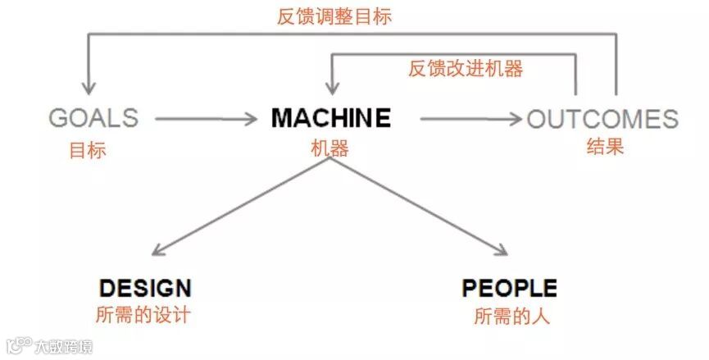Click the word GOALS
(x=93, y=119)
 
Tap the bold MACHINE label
(x=330, y=118)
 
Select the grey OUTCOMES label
(x=602, y=120)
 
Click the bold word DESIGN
(x=145, y=288)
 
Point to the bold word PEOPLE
(x=509, y=288)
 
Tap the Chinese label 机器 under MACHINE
(x=330, y=148)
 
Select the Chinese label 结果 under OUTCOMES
(x=606, y=148)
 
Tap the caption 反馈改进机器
(x=465, y=69)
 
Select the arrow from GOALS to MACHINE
(x=205, y=120)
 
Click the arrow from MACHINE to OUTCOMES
(x=470, y=120)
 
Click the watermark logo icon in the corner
(x=19, y=345)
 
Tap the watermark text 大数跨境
(x=63, y=346)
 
